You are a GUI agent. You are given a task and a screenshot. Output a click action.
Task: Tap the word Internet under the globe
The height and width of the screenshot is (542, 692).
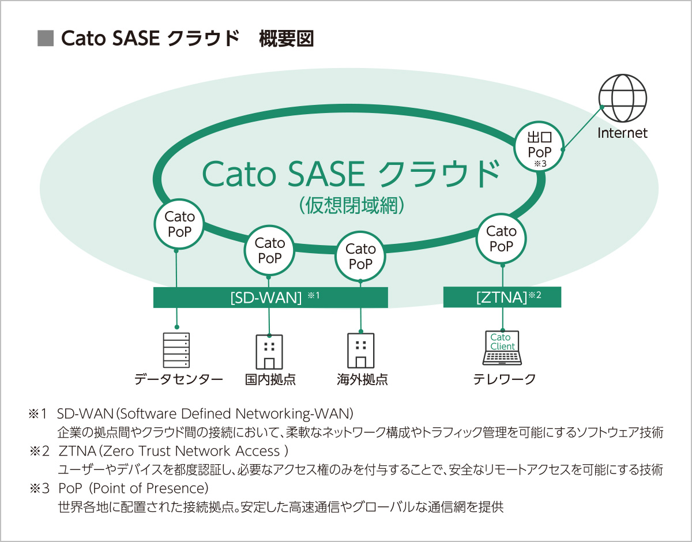click(622, 133)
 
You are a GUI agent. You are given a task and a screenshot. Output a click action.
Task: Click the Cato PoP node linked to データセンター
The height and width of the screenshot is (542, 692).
click(179, 224)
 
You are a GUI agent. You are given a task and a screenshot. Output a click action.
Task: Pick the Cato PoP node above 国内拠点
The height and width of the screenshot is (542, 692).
click(269, 251)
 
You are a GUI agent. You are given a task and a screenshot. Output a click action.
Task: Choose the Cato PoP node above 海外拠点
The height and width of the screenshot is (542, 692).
click(360, 257)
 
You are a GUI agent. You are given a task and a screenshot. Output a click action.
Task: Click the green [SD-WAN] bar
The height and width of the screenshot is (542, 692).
click(270, 298)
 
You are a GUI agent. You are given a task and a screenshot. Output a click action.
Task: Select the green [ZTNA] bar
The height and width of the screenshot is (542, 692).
click(502, 298)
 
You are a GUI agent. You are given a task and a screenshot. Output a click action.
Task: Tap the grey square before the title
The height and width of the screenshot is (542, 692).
click(44, 39)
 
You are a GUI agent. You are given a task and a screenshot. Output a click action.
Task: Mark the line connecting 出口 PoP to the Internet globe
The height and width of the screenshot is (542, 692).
click(582, 128)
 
